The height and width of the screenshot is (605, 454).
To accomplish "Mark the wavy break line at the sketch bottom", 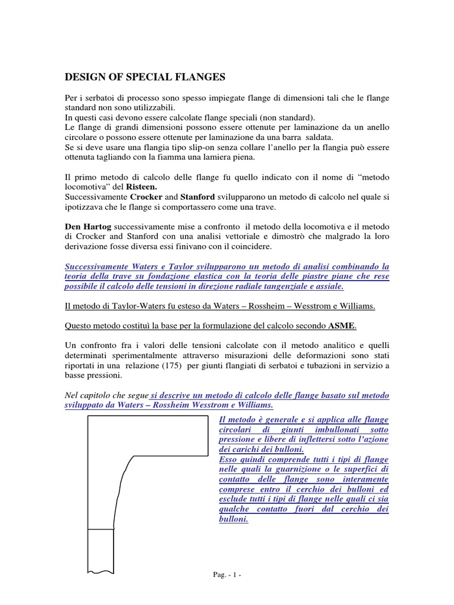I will click(101, 571).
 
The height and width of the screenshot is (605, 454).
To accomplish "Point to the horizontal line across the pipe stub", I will click(101, 528).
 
